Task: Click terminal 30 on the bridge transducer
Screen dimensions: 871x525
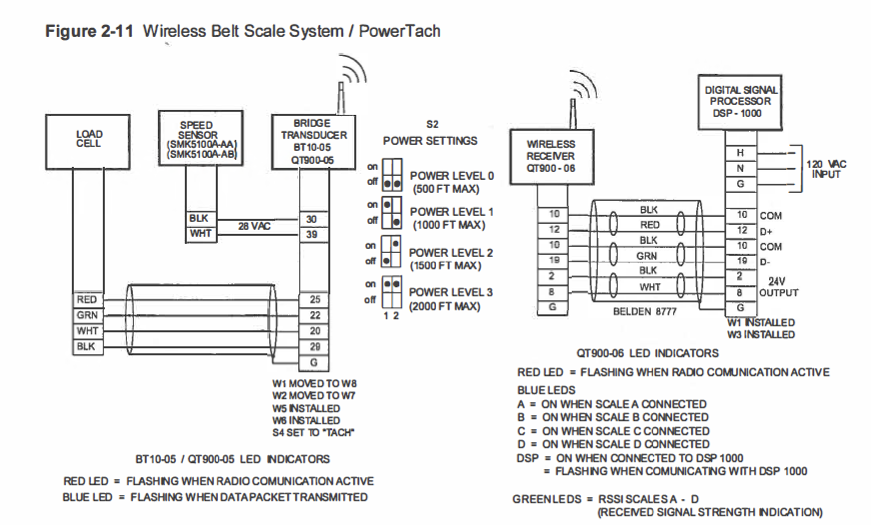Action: [313, 219]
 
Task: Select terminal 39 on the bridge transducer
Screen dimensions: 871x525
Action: [313, 234]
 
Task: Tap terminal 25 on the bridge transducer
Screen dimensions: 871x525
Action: [314, 299]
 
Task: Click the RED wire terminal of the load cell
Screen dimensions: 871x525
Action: [87, 299]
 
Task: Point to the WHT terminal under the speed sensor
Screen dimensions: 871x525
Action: [201, 234]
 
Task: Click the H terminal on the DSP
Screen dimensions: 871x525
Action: [741, 153]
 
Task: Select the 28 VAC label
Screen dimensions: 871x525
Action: [254, 226]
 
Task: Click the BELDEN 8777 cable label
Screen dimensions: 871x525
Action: [645, 312]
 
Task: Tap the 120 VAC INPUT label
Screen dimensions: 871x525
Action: [826, 169]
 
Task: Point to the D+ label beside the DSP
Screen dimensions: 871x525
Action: [766, 232]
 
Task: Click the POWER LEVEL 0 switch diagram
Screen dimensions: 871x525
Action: [392, 175]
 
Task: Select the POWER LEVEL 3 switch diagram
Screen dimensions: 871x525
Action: [392, 292]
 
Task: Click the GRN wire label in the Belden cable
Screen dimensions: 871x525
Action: [647, 256]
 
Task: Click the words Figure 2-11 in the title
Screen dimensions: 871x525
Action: [89, 31]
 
